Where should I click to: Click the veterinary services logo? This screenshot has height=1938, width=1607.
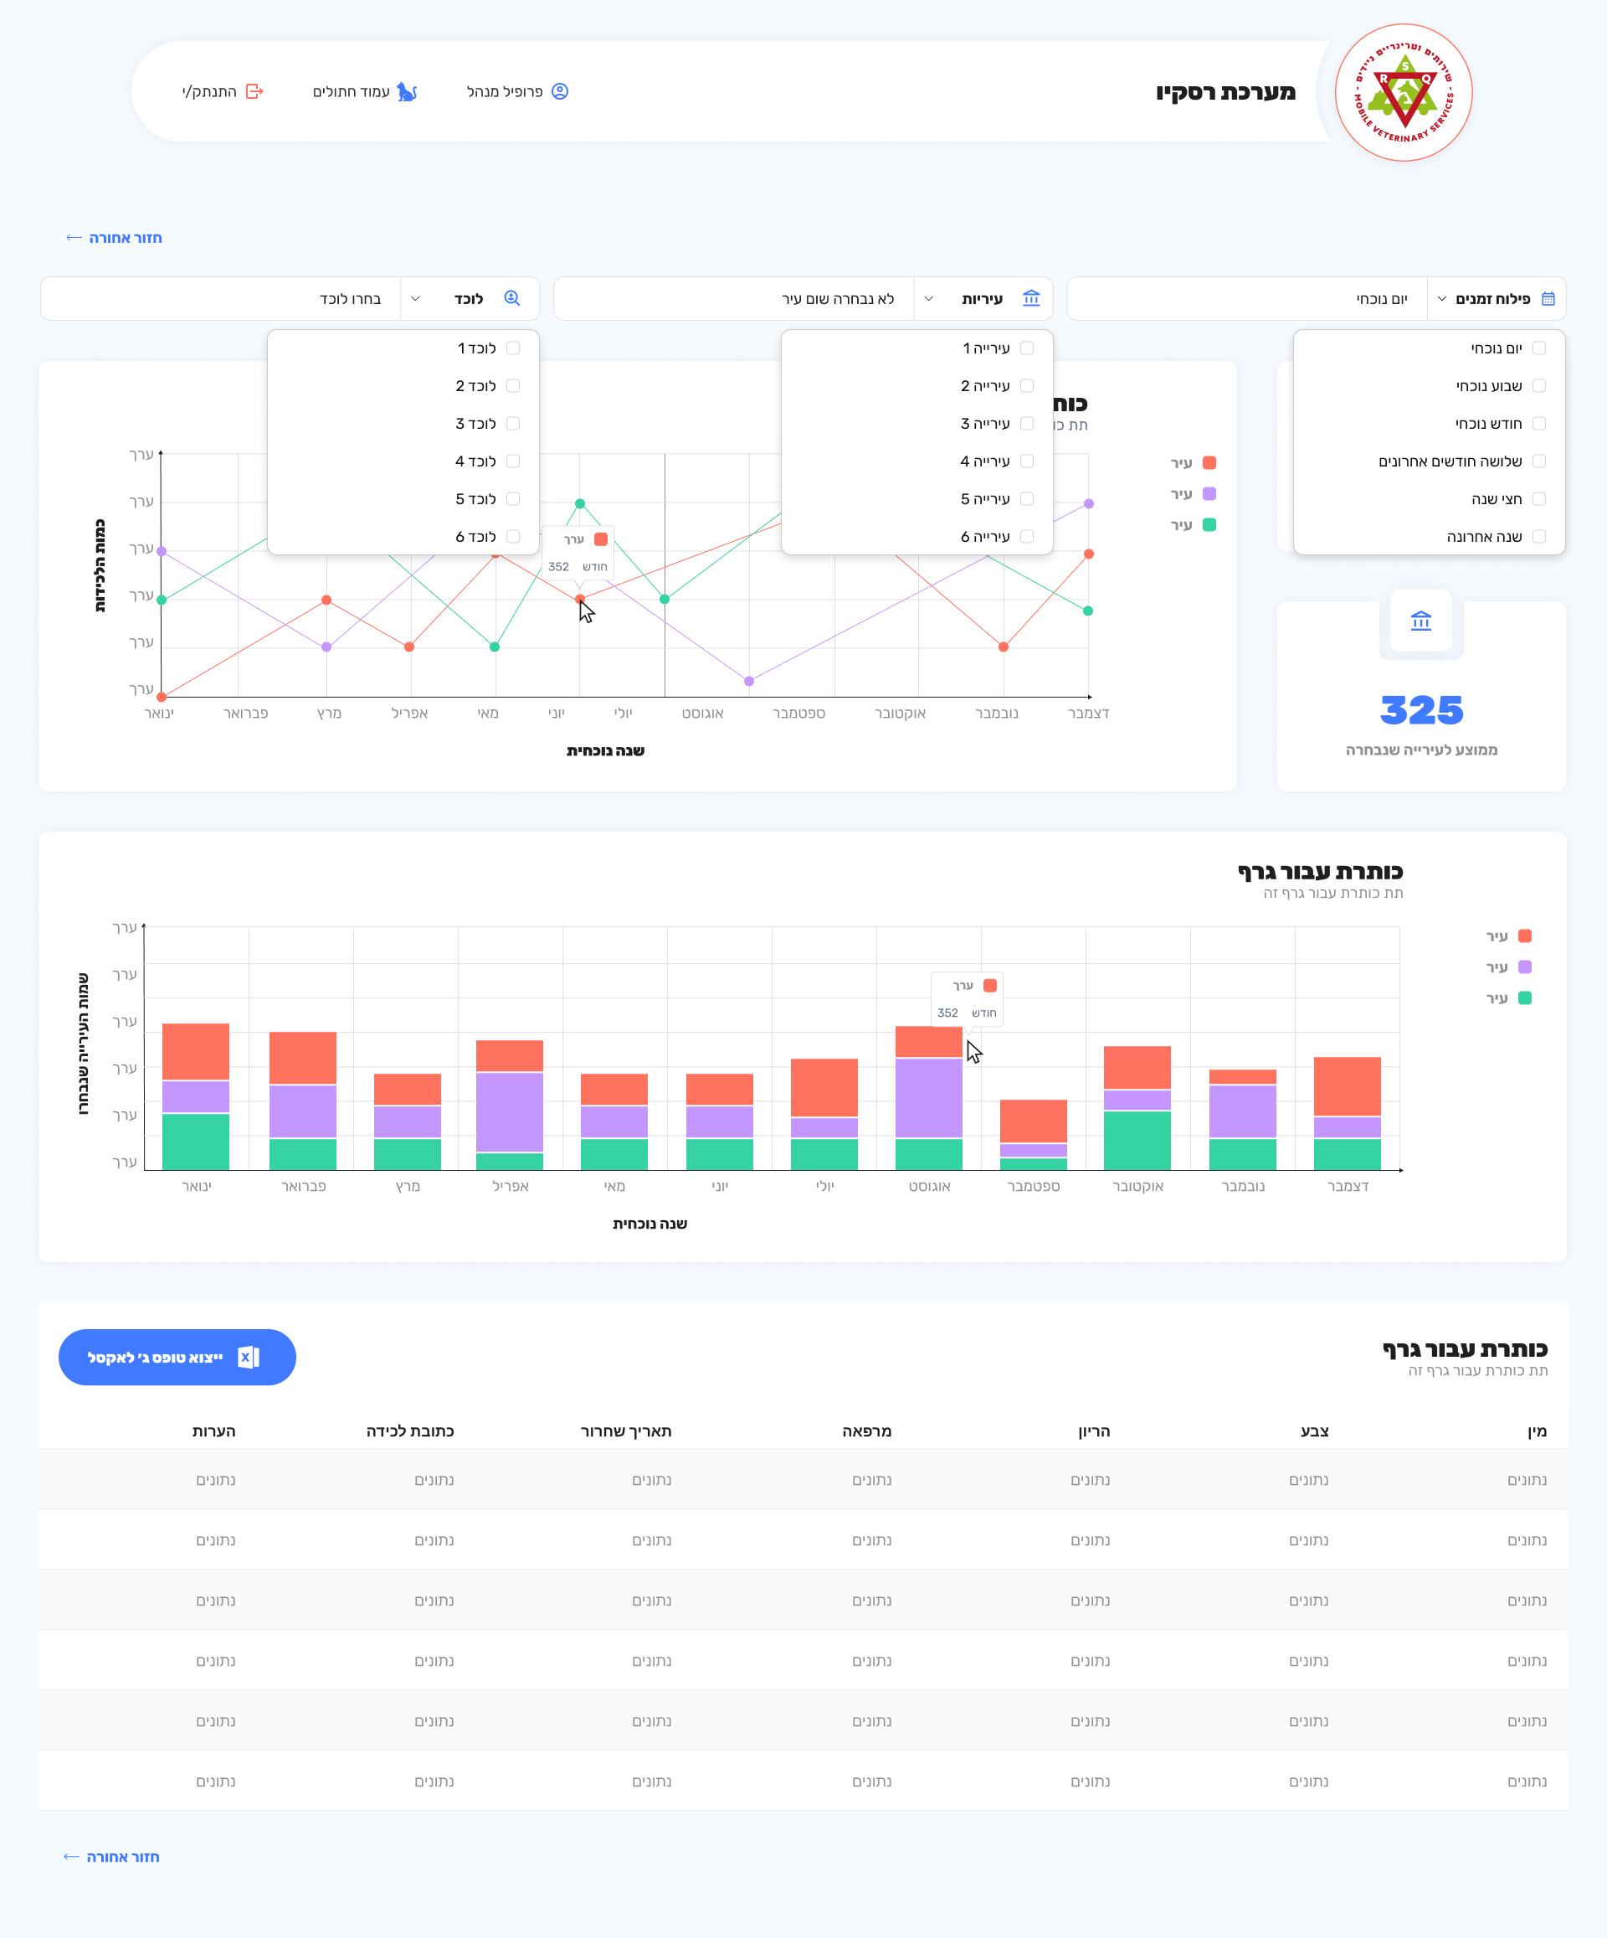click(1403, 92)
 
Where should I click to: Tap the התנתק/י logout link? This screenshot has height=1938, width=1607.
click(223, 91)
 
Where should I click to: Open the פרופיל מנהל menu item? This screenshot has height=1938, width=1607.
click(516, 91)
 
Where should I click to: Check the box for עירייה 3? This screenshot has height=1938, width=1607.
click(1027, 424)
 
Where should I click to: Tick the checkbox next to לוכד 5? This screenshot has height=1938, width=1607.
click(513, 498)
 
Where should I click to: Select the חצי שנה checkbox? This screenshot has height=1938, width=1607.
click(1538, 498)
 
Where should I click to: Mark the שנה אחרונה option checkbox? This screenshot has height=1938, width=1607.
click(1538, 536)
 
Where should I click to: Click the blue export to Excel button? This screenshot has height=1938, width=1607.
click(177, 1357)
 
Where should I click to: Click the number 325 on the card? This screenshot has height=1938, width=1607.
click(1420, 710)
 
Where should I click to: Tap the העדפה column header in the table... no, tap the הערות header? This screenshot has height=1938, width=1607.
click(214, 1431)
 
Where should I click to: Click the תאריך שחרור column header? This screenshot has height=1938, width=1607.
click(625, 1431)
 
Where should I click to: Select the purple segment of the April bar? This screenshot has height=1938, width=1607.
click(509, 1112)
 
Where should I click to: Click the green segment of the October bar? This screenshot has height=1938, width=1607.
click(1137, 1140)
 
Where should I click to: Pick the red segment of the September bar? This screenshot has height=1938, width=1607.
click(1033, 1121)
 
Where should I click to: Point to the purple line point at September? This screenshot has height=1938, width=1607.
click(749, 681)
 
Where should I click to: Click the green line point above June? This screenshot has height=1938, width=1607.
click(579, 504)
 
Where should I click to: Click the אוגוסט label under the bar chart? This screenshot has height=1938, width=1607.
click(929, 1186)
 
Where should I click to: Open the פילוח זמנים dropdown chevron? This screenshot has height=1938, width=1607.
click(1442, 299)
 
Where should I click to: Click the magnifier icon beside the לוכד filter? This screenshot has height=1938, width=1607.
click(512, 298)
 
